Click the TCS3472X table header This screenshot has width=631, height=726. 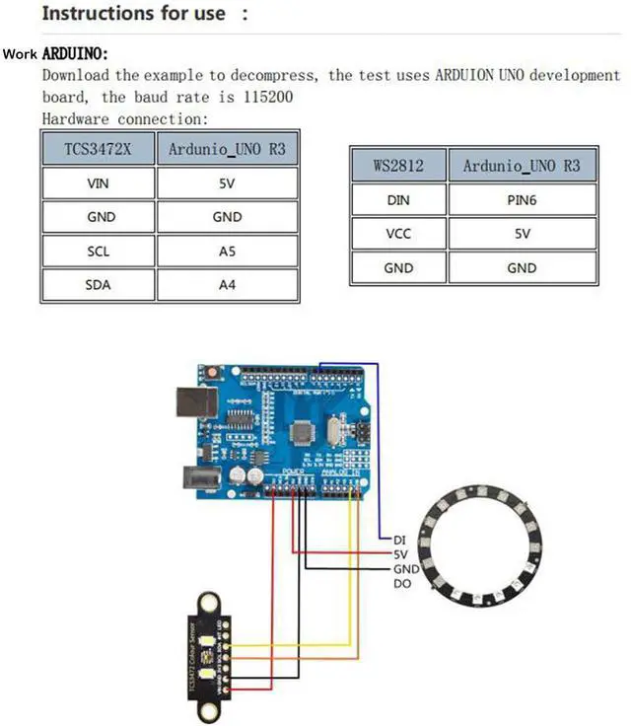click(x=98, y=150)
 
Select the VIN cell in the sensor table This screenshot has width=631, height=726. click(x=98, y=182)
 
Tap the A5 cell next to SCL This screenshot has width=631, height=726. click(x=227, y=252)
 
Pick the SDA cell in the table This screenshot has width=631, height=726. click(x=98, y=285)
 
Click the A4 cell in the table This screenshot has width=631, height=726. click(x=227, y=285)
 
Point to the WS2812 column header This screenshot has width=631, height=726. click(x=398, y=166)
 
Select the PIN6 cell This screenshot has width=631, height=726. click(x=522, y=200)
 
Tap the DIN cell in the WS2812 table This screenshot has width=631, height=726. click(x=398, y=200)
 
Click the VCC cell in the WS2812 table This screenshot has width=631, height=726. click(x=398, y=234)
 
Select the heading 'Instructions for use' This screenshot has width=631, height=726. click(x=133, y=14)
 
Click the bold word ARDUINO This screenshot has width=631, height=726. click(x=75, y=53)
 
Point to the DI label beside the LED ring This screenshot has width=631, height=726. click(x=399, y=540)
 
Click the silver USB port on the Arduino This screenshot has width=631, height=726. click(x=193, y=403)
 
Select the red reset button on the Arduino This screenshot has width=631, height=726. click(x=211, y=373)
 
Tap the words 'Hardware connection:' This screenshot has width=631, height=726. click(x=125, y=118)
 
